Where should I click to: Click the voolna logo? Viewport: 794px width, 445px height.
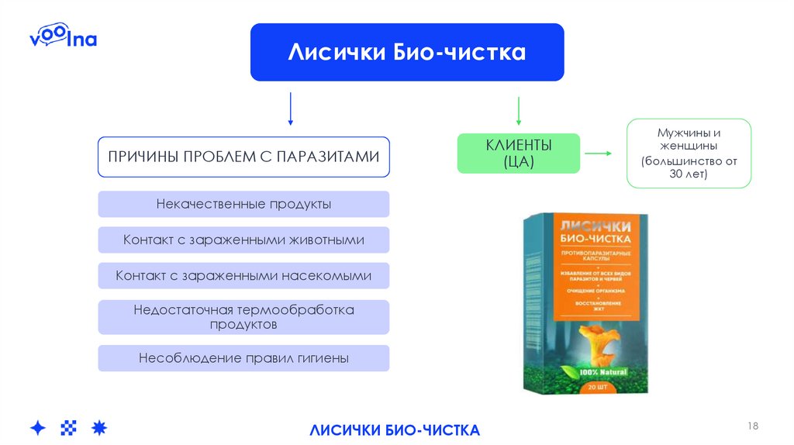tap(63, 38)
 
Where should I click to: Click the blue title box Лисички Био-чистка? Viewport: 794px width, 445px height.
tap(407, 52)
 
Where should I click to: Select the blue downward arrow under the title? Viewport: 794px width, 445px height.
tap(290, 109)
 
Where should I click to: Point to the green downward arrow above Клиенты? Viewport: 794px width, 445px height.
tap(518, 111)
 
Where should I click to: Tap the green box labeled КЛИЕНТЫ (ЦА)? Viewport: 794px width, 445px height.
tap(518, 153)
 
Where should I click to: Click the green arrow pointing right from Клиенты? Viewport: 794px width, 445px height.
tap(597, 154)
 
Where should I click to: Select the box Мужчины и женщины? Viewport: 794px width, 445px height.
tap(689, 153)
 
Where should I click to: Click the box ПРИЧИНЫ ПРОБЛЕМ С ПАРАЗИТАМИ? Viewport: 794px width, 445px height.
tap(243, 157)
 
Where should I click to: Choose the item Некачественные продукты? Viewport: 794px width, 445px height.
tap(243, 204)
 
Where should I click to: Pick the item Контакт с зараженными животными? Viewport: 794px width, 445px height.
tap(243, 240)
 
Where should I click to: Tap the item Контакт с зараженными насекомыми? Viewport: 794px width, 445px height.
tap(243, 275)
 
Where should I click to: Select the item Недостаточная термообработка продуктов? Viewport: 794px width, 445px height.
tap(243, 317)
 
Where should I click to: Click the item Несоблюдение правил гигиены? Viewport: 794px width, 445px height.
tap(243, 358)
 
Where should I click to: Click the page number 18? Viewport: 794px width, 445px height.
tap(753, 426)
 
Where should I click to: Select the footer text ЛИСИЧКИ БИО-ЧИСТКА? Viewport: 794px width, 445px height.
tap(395, 429)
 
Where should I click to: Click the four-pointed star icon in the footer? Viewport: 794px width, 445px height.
tap(38, 427)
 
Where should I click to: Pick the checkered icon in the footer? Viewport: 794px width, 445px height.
tap(69, 427)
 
